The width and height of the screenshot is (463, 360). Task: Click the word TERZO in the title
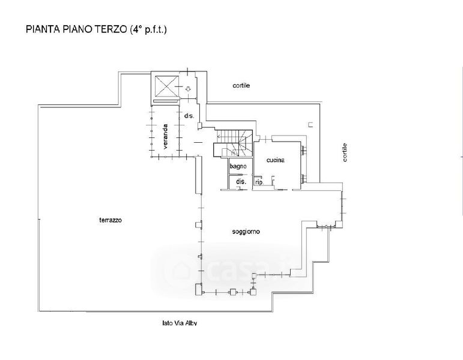pyautogui.click(x=110, y=29)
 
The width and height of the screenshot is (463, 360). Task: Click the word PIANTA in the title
pyautogui.click(x=43, y=29)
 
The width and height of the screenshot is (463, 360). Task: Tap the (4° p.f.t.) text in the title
pyautogui.click(x=148, y=30)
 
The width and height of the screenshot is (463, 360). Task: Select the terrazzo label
pyautogui.click(x=110, y=220)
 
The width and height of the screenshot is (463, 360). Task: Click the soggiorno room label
pyautogui.click(x=246, y=232)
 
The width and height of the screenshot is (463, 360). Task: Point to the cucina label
pyautogui.click(x=275, y=160)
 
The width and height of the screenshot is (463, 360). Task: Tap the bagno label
pyautogui.click(x=238, y=166)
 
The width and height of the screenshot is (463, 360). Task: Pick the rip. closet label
pyautogui.click(x=259, y=182)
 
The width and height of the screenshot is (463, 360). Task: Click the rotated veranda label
pyautogui.click(x=165, y=136)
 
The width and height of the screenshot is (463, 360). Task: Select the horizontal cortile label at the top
pyautogui.click(x=241, y=86)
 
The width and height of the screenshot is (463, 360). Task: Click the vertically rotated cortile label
pyautogui.click(x=345, y=152)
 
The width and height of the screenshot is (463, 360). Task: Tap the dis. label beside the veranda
pyautogui.click(x=189, y=116)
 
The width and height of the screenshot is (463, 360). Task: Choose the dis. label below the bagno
pyautogui.click(x=241, y=182)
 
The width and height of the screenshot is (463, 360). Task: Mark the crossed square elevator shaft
pyautogui.click(x=167, y=86)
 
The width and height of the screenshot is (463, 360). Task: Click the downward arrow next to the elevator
pyautogui.click(x=188, y=89)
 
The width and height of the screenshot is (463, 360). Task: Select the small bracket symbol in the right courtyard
pyautogui.click(x=310, y=125)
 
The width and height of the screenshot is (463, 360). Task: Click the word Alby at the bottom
pyautogui.click(x=191, y=323)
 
